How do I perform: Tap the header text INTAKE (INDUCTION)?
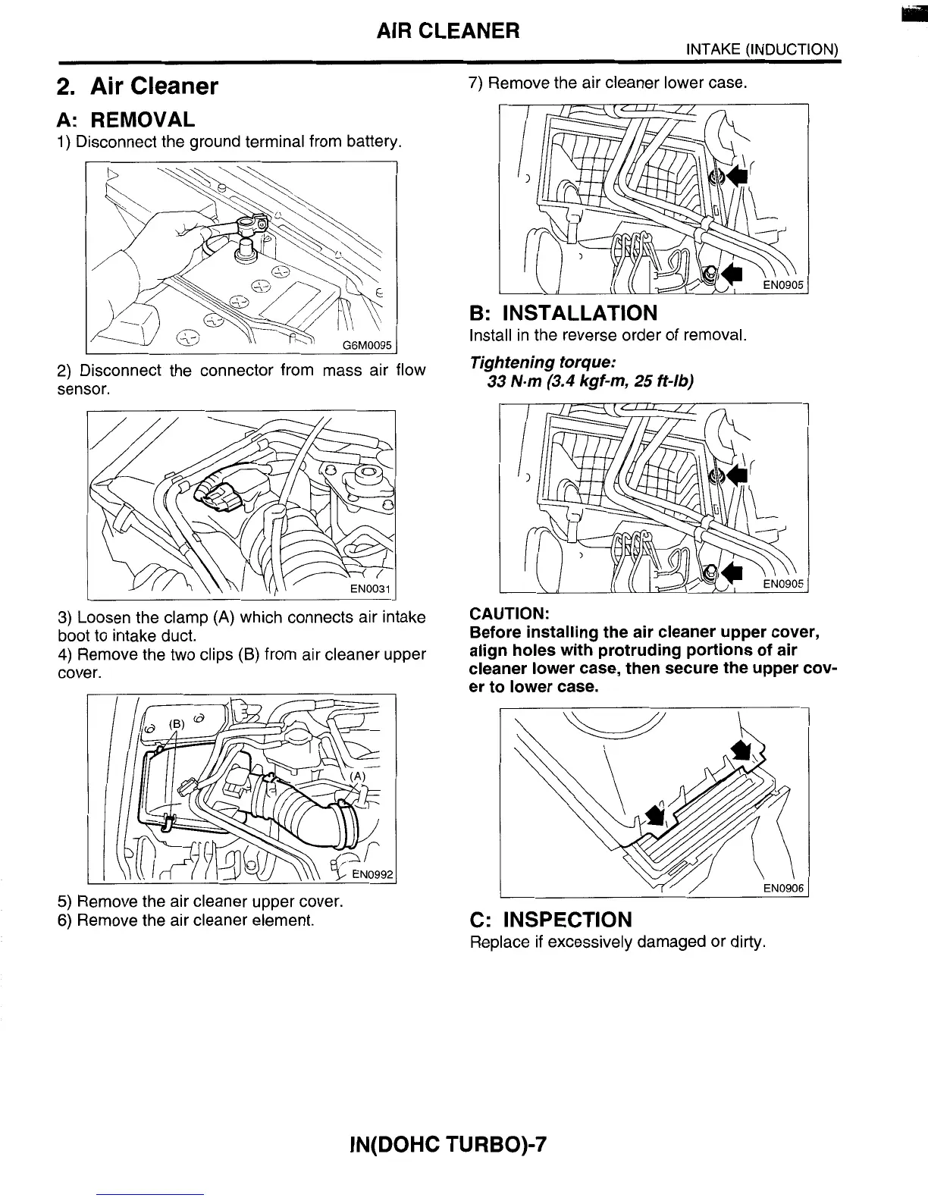(761, 49)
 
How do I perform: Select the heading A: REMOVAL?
(126, 119)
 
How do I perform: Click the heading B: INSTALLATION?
(563, 312)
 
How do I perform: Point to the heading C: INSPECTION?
(550, 920)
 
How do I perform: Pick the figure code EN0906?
(782, 888)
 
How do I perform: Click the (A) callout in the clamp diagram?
(357, 776)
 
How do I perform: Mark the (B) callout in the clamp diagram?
(177, 724)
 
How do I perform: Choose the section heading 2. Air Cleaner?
(138, 86)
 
